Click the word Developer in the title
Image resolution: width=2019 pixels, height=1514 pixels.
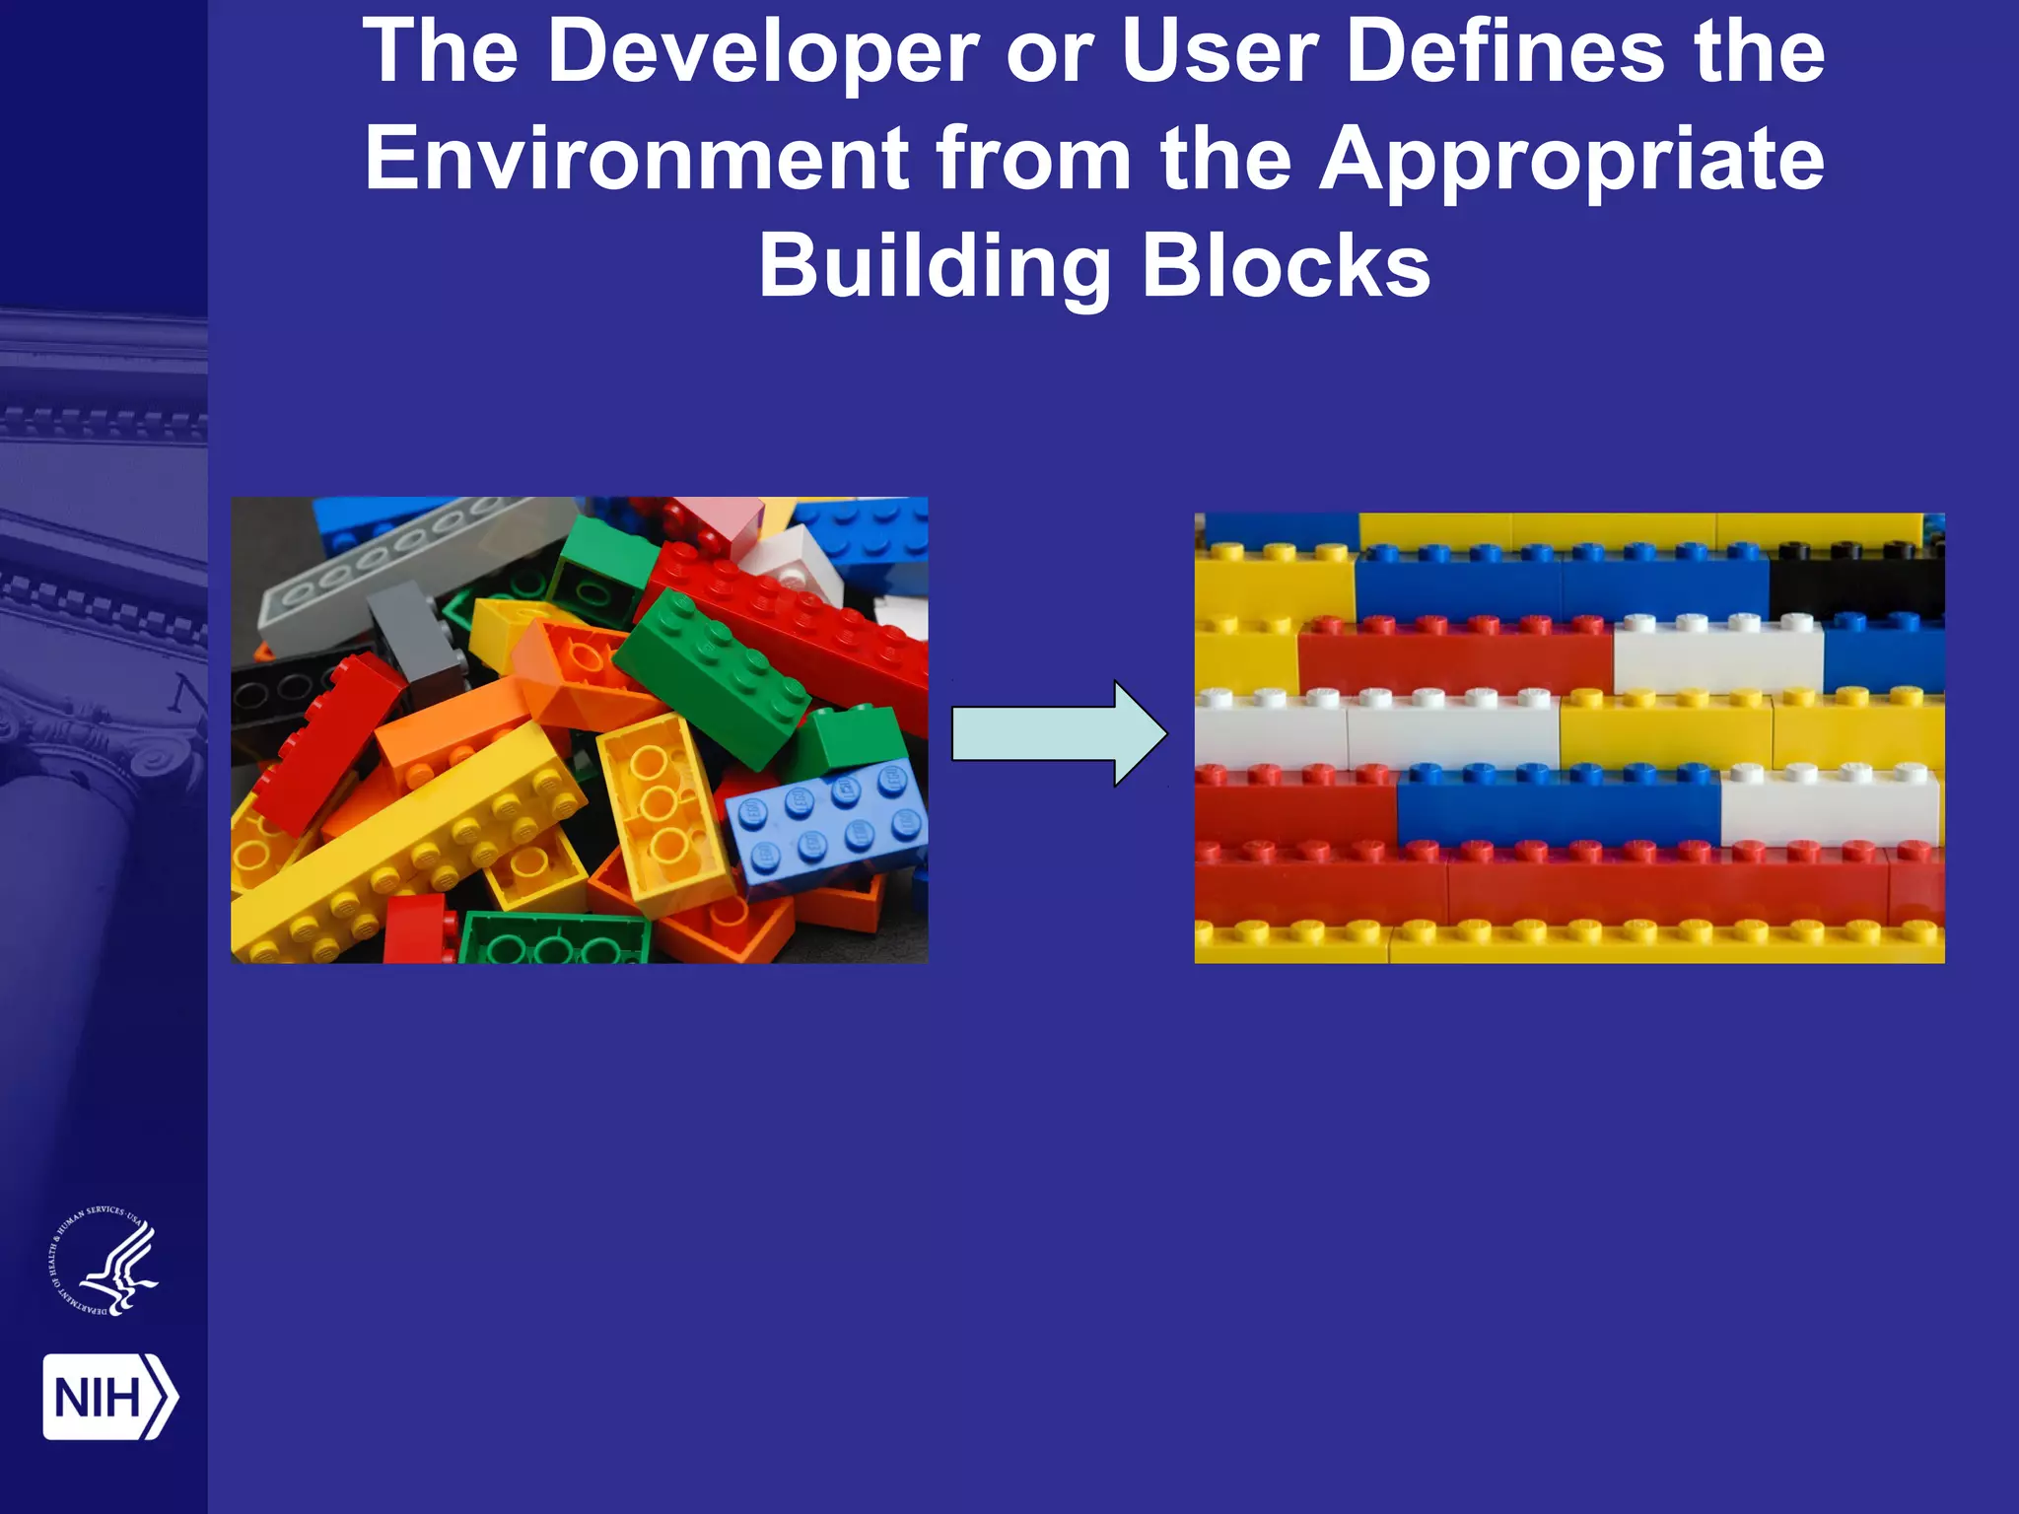point(763,53)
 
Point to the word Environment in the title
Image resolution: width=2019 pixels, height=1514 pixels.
point(637,160)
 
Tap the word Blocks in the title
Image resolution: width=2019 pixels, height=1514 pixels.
point(1286,266)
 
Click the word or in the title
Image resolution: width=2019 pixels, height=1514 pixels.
point(1049,53)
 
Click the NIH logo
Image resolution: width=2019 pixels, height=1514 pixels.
point(109,1397)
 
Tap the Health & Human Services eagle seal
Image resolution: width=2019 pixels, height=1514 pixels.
point(104,1263)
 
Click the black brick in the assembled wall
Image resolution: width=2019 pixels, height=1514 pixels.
point(1856,585)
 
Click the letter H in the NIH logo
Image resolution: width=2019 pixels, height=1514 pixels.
point(125,1398)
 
